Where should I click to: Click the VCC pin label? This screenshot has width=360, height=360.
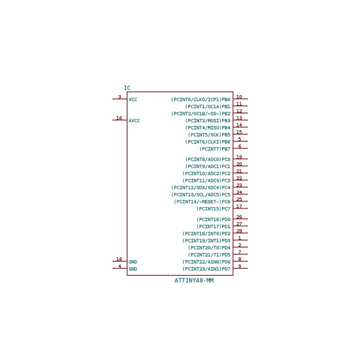(133, 100)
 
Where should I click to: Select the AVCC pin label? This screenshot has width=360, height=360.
(134, 121)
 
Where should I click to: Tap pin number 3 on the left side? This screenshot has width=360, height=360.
(120, 97)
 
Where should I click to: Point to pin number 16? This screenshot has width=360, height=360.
(119, 118)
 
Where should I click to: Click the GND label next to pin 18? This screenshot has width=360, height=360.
(133, 262)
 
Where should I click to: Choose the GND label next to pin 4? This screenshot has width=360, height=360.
(133, 269)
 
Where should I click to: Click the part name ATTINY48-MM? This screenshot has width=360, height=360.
(194, 280)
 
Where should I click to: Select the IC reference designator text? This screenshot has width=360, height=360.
(127, 88)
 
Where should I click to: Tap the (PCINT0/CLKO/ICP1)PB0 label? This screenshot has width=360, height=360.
(200, 100)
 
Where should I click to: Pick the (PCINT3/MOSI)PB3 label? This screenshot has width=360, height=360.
(208, 121)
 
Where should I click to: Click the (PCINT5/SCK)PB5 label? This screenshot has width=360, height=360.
(209, 135)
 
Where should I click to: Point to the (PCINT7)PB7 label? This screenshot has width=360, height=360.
(215, 149)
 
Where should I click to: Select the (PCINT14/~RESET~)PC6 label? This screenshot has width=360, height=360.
(202, 202)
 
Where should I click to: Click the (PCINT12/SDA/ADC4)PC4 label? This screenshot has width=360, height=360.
(200, 188)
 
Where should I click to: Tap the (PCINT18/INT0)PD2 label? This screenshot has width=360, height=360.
(207, 234)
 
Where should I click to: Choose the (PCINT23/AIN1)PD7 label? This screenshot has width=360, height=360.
(207, 269)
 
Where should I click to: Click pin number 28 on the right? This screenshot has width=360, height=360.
(239, 231)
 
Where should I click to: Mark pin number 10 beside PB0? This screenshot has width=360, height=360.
(239, 97)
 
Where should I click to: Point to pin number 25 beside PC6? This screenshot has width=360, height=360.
(239, 199)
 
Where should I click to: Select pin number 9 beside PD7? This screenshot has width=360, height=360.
(240, 266)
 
